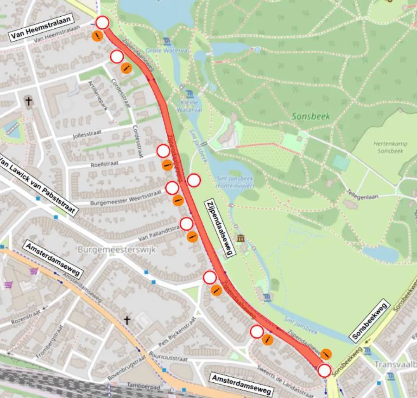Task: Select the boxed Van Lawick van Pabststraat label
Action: click(x=38, y=187)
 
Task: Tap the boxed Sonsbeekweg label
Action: click(x=370, y=321)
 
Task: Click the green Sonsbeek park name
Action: click(x=311, y=116)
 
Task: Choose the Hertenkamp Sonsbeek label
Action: click(x=390, y=147)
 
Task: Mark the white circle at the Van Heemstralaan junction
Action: click(x=102, y=22)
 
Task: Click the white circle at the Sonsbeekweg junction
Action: click(x=324, y=371)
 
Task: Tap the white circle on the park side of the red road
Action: click(x=194, y=180)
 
